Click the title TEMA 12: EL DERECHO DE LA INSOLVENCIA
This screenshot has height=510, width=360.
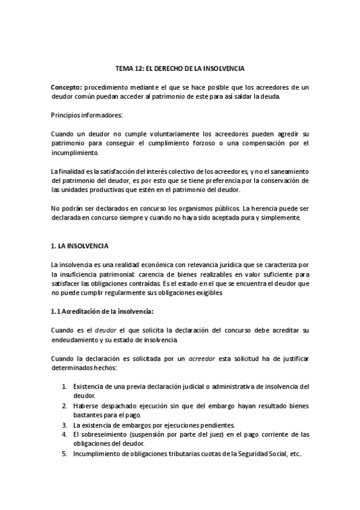tap(180, 69)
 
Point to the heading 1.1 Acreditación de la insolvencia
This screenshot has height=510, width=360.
tap(102, 311)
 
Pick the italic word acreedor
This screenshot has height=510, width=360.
tap(202, 358)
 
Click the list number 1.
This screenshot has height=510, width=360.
tap(64, 387)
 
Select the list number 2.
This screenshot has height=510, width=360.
tap(64, 406)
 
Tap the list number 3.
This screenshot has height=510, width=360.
tap(64, 425)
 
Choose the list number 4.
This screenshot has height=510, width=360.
tap(64, 434)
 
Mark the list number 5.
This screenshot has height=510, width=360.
tap(64, 453)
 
